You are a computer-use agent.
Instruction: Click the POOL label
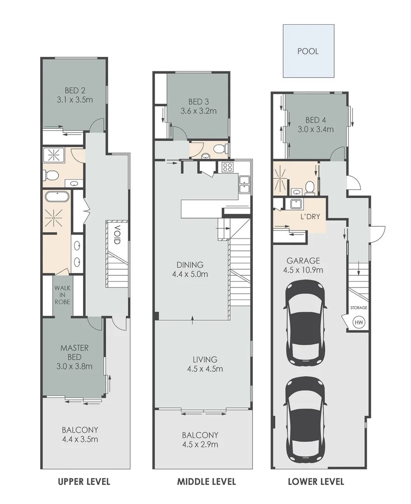[308, 51]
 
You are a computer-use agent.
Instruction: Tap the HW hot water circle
[359, 322]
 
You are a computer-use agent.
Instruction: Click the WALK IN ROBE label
[62, 295]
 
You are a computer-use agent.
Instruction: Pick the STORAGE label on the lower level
[359, 308]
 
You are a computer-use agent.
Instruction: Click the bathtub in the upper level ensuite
[56, 196]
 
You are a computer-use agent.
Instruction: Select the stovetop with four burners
[227, 167]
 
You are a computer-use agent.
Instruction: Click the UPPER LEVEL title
[84, 482]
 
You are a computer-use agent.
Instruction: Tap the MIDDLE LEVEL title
[206, 482]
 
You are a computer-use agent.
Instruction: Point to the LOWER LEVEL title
[316, 482]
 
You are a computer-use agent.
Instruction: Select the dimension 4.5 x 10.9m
[303, 270]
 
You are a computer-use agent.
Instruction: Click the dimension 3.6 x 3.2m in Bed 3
[199, 111]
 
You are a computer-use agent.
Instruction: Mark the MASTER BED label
[74, 352]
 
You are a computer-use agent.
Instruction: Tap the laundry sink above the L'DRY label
[295, 203]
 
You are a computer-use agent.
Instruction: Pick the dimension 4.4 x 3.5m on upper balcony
[80, 439]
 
